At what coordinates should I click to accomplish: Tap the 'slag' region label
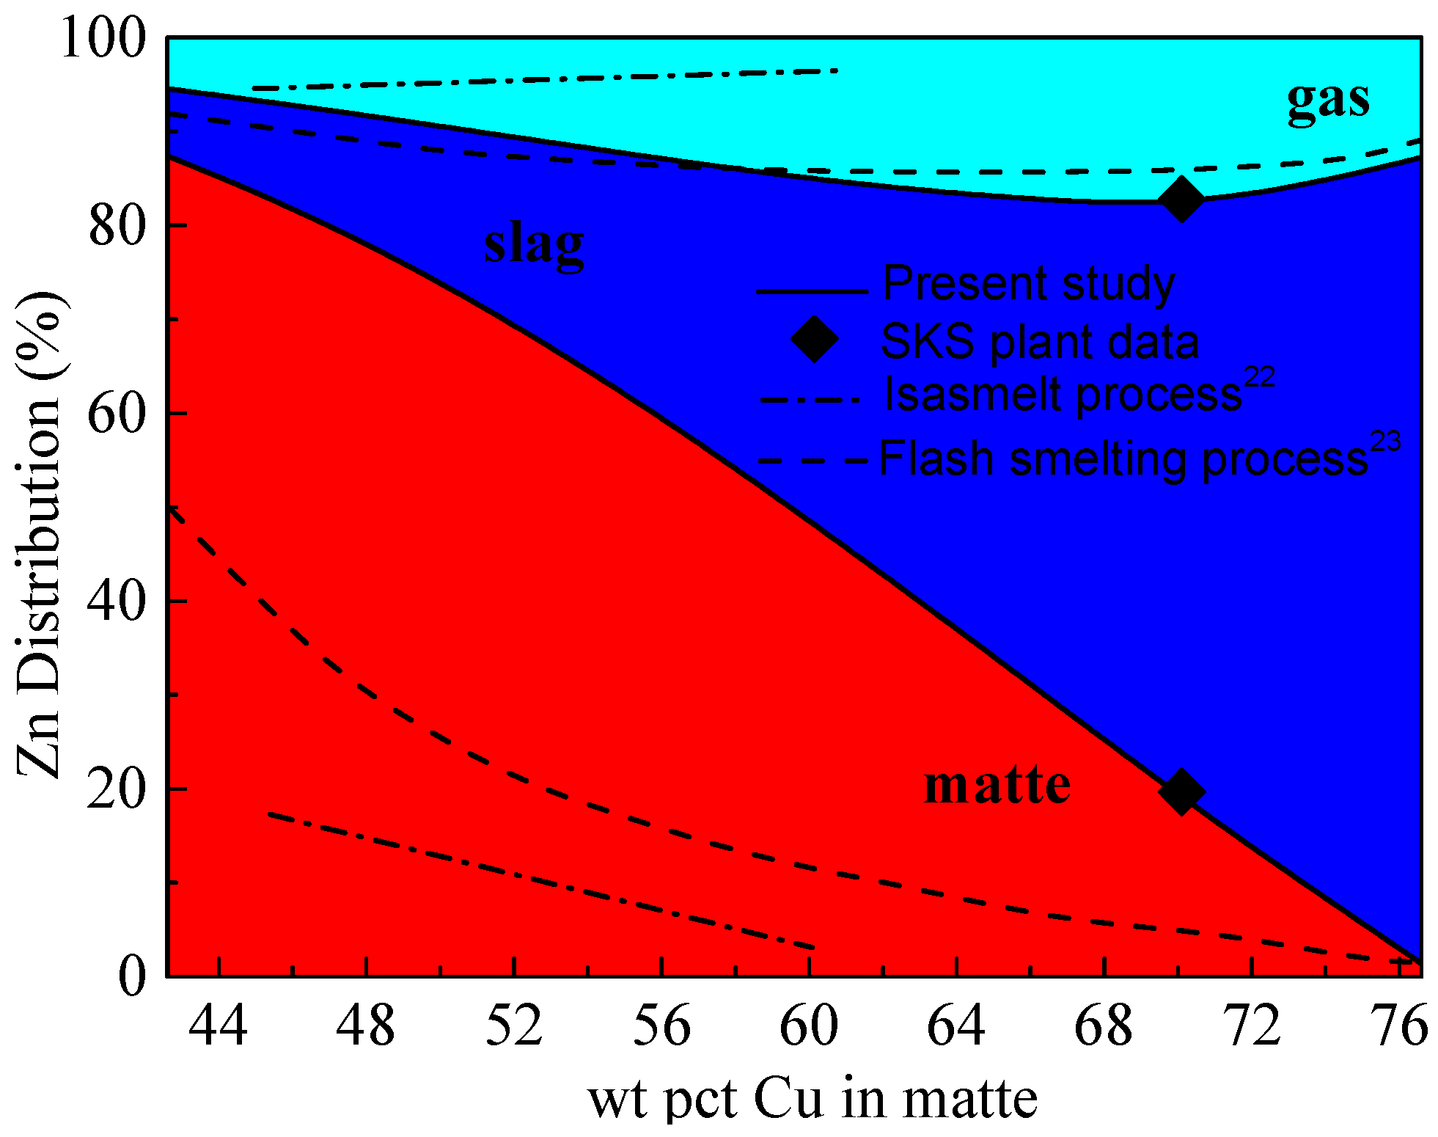pyautogui.click(x=533, y=244)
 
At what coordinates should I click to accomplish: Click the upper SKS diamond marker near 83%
pyautogui.click(x=1181, y=199)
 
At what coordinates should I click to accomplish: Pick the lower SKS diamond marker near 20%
pyautogui.click(x=1181, y=791)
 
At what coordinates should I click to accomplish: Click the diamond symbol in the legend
pyautogui.click(x=814, y=339)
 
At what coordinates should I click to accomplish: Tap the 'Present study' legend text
pyautogui.click(x=1028, y=284)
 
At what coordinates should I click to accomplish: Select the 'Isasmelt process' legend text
pyautogui.click(x=1063, y=395)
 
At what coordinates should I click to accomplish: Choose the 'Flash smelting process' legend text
pyautogui.click(x=1123, y=460)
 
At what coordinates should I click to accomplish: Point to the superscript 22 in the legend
pyautogui.click(x=1259, y=378)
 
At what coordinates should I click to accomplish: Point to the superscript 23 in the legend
pyautogui.click(x=1385, y=442)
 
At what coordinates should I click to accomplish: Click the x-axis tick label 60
pyautogui.click(x=809, y=1026)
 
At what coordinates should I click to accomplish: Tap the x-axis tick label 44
pyautogui.click(x=219, y=1026)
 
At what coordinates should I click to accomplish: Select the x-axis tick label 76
pyautogui.click(x=1399, y=1026)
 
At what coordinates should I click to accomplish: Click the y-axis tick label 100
pyautogui.click(x=103, y=38)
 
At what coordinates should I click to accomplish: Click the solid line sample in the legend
pyautogui.click(x=812, y=292)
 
